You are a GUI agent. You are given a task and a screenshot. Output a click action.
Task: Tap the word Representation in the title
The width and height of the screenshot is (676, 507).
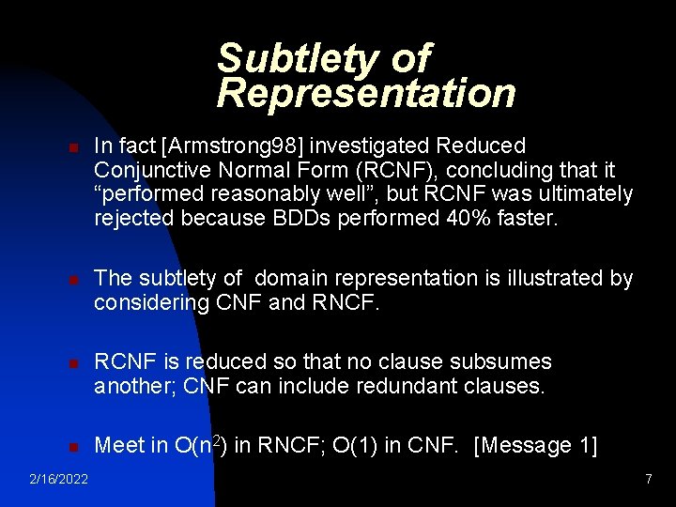pos(366,93)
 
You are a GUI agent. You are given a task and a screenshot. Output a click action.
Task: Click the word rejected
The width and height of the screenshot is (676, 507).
pos(131,219)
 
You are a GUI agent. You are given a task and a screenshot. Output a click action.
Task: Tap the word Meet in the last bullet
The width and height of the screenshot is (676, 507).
pos(119,445)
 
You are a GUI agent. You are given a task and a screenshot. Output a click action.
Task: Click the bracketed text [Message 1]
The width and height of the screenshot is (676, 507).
pos(536,445)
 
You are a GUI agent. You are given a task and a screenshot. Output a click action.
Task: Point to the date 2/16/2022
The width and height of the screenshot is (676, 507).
pos(58,480)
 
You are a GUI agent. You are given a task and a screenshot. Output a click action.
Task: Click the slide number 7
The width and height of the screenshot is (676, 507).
pos(648,480)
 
